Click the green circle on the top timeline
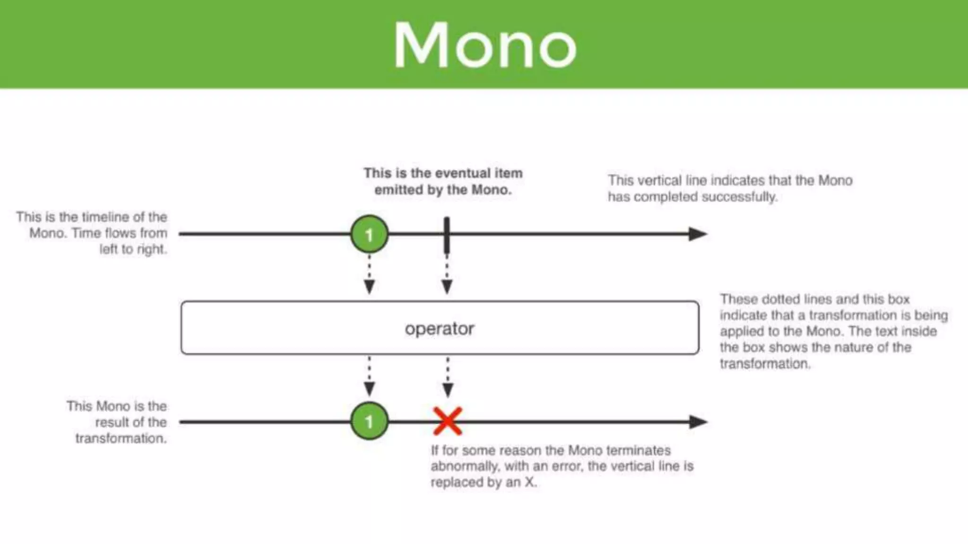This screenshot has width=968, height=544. click(x=369, y=234)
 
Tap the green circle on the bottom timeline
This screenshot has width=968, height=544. click(x=369, y=421)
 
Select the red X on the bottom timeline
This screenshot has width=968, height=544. click(x=447, y=421)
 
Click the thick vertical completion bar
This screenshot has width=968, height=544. click(x=447, y=235)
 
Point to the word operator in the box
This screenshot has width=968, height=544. click(x=439, y=329)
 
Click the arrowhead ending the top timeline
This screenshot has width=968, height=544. click(x=698, y=234)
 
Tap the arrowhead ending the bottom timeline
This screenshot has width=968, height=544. click(x=698, y=422)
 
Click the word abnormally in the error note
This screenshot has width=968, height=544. click(x=465, y=466)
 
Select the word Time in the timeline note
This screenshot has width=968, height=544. click(x=86, y=233)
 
